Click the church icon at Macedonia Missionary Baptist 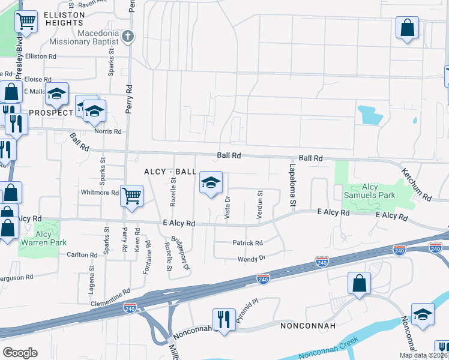tap(127, 37)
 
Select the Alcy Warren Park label tap(43, 238)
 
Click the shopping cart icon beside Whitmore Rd tap(131, 194)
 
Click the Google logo tap(20, 353)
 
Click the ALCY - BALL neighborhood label tap(170, 172)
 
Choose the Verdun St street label tap(260, 205)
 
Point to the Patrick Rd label tap(247, 243)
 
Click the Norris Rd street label tap(107, 131)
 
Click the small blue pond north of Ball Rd tap(369, 115)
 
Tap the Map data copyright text tap(423, 355)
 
